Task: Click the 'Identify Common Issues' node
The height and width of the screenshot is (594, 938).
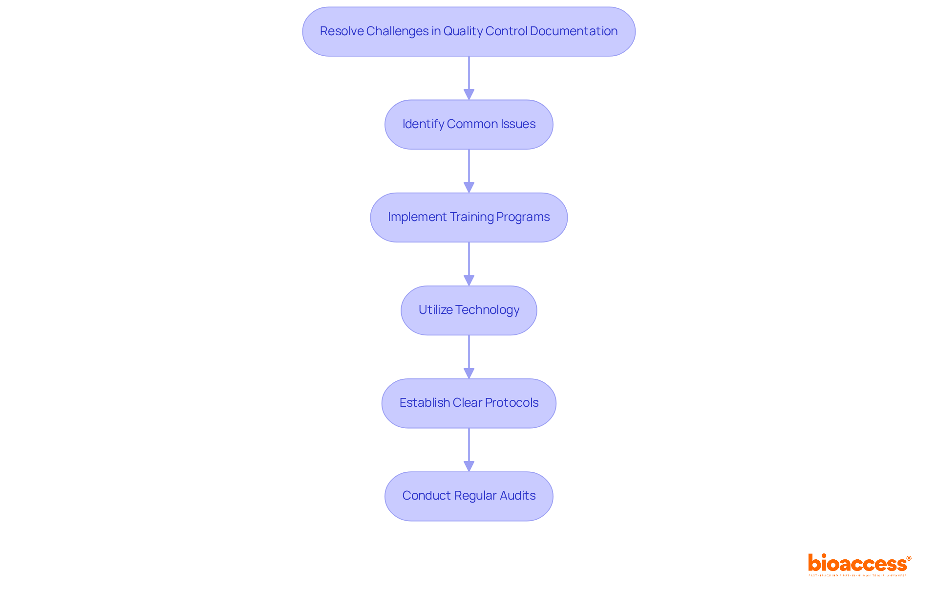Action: [469, 125]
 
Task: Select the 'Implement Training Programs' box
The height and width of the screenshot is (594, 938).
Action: [469, 218]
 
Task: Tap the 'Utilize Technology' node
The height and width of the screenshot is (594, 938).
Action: [469, 310]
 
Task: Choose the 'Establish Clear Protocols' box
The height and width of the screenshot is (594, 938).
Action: [469, 403]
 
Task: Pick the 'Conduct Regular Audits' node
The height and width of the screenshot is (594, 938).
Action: [469, 496]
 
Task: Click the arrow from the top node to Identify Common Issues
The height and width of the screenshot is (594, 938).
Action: [469, 78]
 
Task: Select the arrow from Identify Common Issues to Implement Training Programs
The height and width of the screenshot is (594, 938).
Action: [469, 171]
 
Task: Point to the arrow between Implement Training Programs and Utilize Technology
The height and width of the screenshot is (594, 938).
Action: [469, 264]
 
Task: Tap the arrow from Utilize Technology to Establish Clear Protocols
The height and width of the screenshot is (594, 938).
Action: [469, 357]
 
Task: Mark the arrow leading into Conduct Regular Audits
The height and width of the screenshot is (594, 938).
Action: [469, 450]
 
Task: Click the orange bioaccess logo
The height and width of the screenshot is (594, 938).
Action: [859, 564]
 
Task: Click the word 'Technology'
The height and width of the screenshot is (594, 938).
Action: [487, 310]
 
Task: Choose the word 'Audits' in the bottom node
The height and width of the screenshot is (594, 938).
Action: [517, 496]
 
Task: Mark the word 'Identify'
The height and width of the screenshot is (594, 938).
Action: [423, 124]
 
